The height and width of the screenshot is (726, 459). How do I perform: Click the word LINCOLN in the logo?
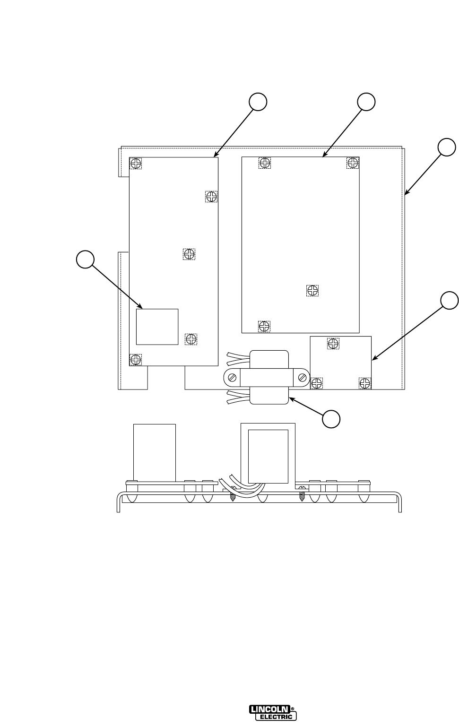[269, 709]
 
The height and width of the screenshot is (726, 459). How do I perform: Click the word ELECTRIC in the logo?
[276, 717]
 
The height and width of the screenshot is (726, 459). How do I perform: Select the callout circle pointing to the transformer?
[331, 419]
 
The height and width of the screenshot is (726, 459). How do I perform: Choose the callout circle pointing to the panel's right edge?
[447, 147]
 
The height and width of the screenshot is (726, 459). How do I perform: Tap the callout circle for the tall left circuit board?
[258, 102]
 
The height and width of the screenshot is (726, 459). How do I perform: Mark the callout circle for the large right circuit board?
[366, 102]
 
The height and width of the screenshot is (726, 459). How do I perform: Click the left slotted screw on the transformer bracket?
[232, 378]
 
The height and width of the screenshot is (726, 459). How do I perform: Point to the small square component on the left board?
[157, 327]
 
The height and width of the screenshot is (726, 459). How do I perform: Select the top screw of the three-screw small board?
[333, 343]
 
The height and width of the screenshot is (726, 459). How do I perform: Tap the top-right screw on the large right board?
[353, 163]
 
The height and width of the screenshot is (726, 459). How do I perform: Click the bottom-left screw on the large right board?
[264, 326]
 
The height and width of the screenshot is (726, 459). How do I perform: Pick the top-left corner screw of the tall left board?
[136, 164]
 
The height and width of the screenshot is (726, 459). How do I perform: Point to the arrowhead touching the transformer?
[291, 399]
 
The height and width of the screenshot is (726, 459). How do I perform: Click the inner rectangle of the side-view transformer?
[268, 456]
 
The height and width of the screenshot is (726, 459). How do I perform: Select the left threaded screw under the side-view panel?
[232, 497]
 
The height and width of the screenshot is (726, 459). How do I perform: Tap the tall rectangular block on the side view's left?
[155, 451]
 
